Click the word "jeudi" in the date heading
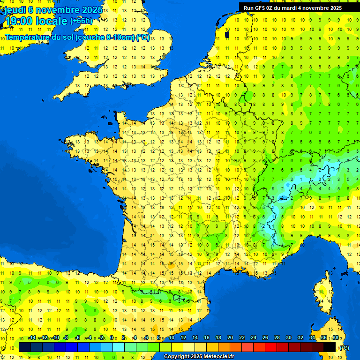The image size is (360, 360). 15,9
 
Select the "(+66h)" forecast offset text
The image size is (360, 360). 81,21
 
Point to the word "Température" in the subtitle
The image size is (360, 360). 28,37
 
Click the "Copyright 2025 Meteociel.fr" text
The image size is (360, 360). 199,357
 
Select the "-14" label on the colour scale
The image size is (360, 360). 32,338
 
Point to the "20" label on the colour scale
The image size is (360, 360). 230,338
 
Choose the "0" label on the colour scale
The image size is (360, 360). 112,338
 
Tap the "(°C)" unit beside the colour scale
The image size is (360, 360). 344,348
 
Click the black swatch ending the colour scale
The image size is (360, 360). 330,347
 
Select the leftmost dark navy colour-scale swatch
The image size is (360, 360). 25,347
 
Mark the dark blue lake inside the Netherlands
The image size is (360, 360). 227,34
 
